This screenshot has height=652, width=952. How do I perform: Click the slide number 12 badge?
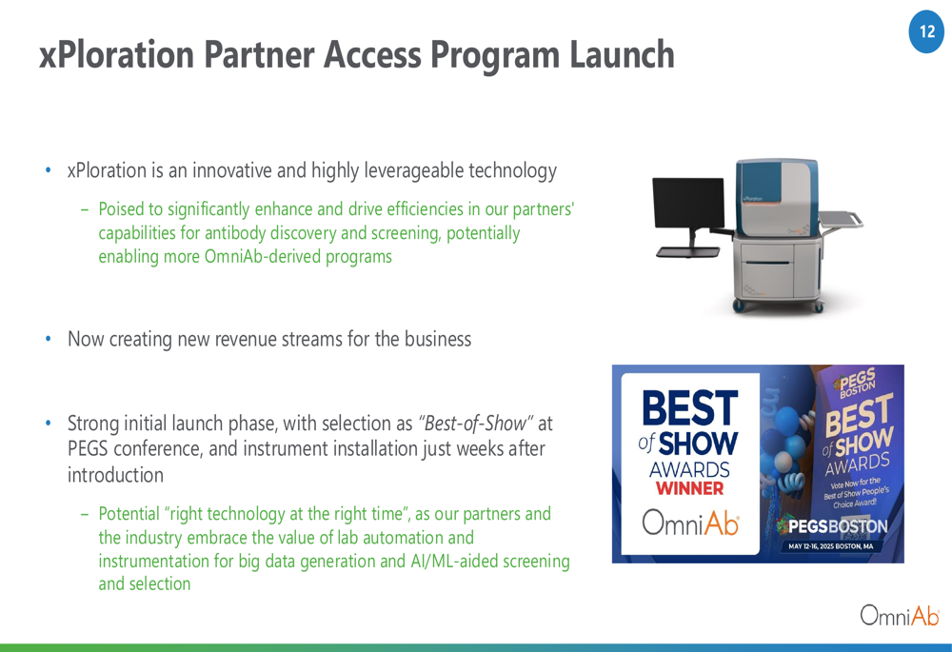coord(926,31)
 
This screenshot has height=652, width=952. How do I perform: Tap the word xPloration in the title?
coord(117,54)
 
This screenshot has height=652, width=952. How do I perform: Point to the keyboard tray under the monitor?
coord(687,252)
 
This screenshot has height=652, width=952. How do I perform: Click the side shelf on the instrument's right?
coord(841,219)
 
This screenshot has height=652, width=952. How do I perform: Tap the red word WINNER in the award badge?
coord(689,488)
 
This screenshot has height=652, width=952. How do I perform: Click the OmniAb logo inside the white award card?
coord(690,523)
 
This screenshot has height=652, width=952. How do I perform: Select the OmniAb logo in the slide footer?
coord(900,616)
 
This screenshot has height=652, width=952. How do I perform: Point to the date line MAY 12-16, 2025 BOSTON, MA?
coord(830,546)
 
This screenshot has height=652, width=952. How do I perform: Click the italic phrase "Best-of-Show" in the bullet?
coord(476,424)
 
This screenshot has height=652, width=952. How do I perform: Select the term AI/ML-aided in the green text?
coord(454,561)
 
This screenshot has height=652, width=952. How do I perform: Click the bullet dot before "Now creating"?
coord(49,339)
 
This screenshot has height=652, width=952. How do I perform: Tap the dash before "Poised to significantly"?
coord(85,209)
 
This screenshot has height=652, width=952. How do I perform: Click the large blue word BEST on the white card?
coord(689,407)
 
